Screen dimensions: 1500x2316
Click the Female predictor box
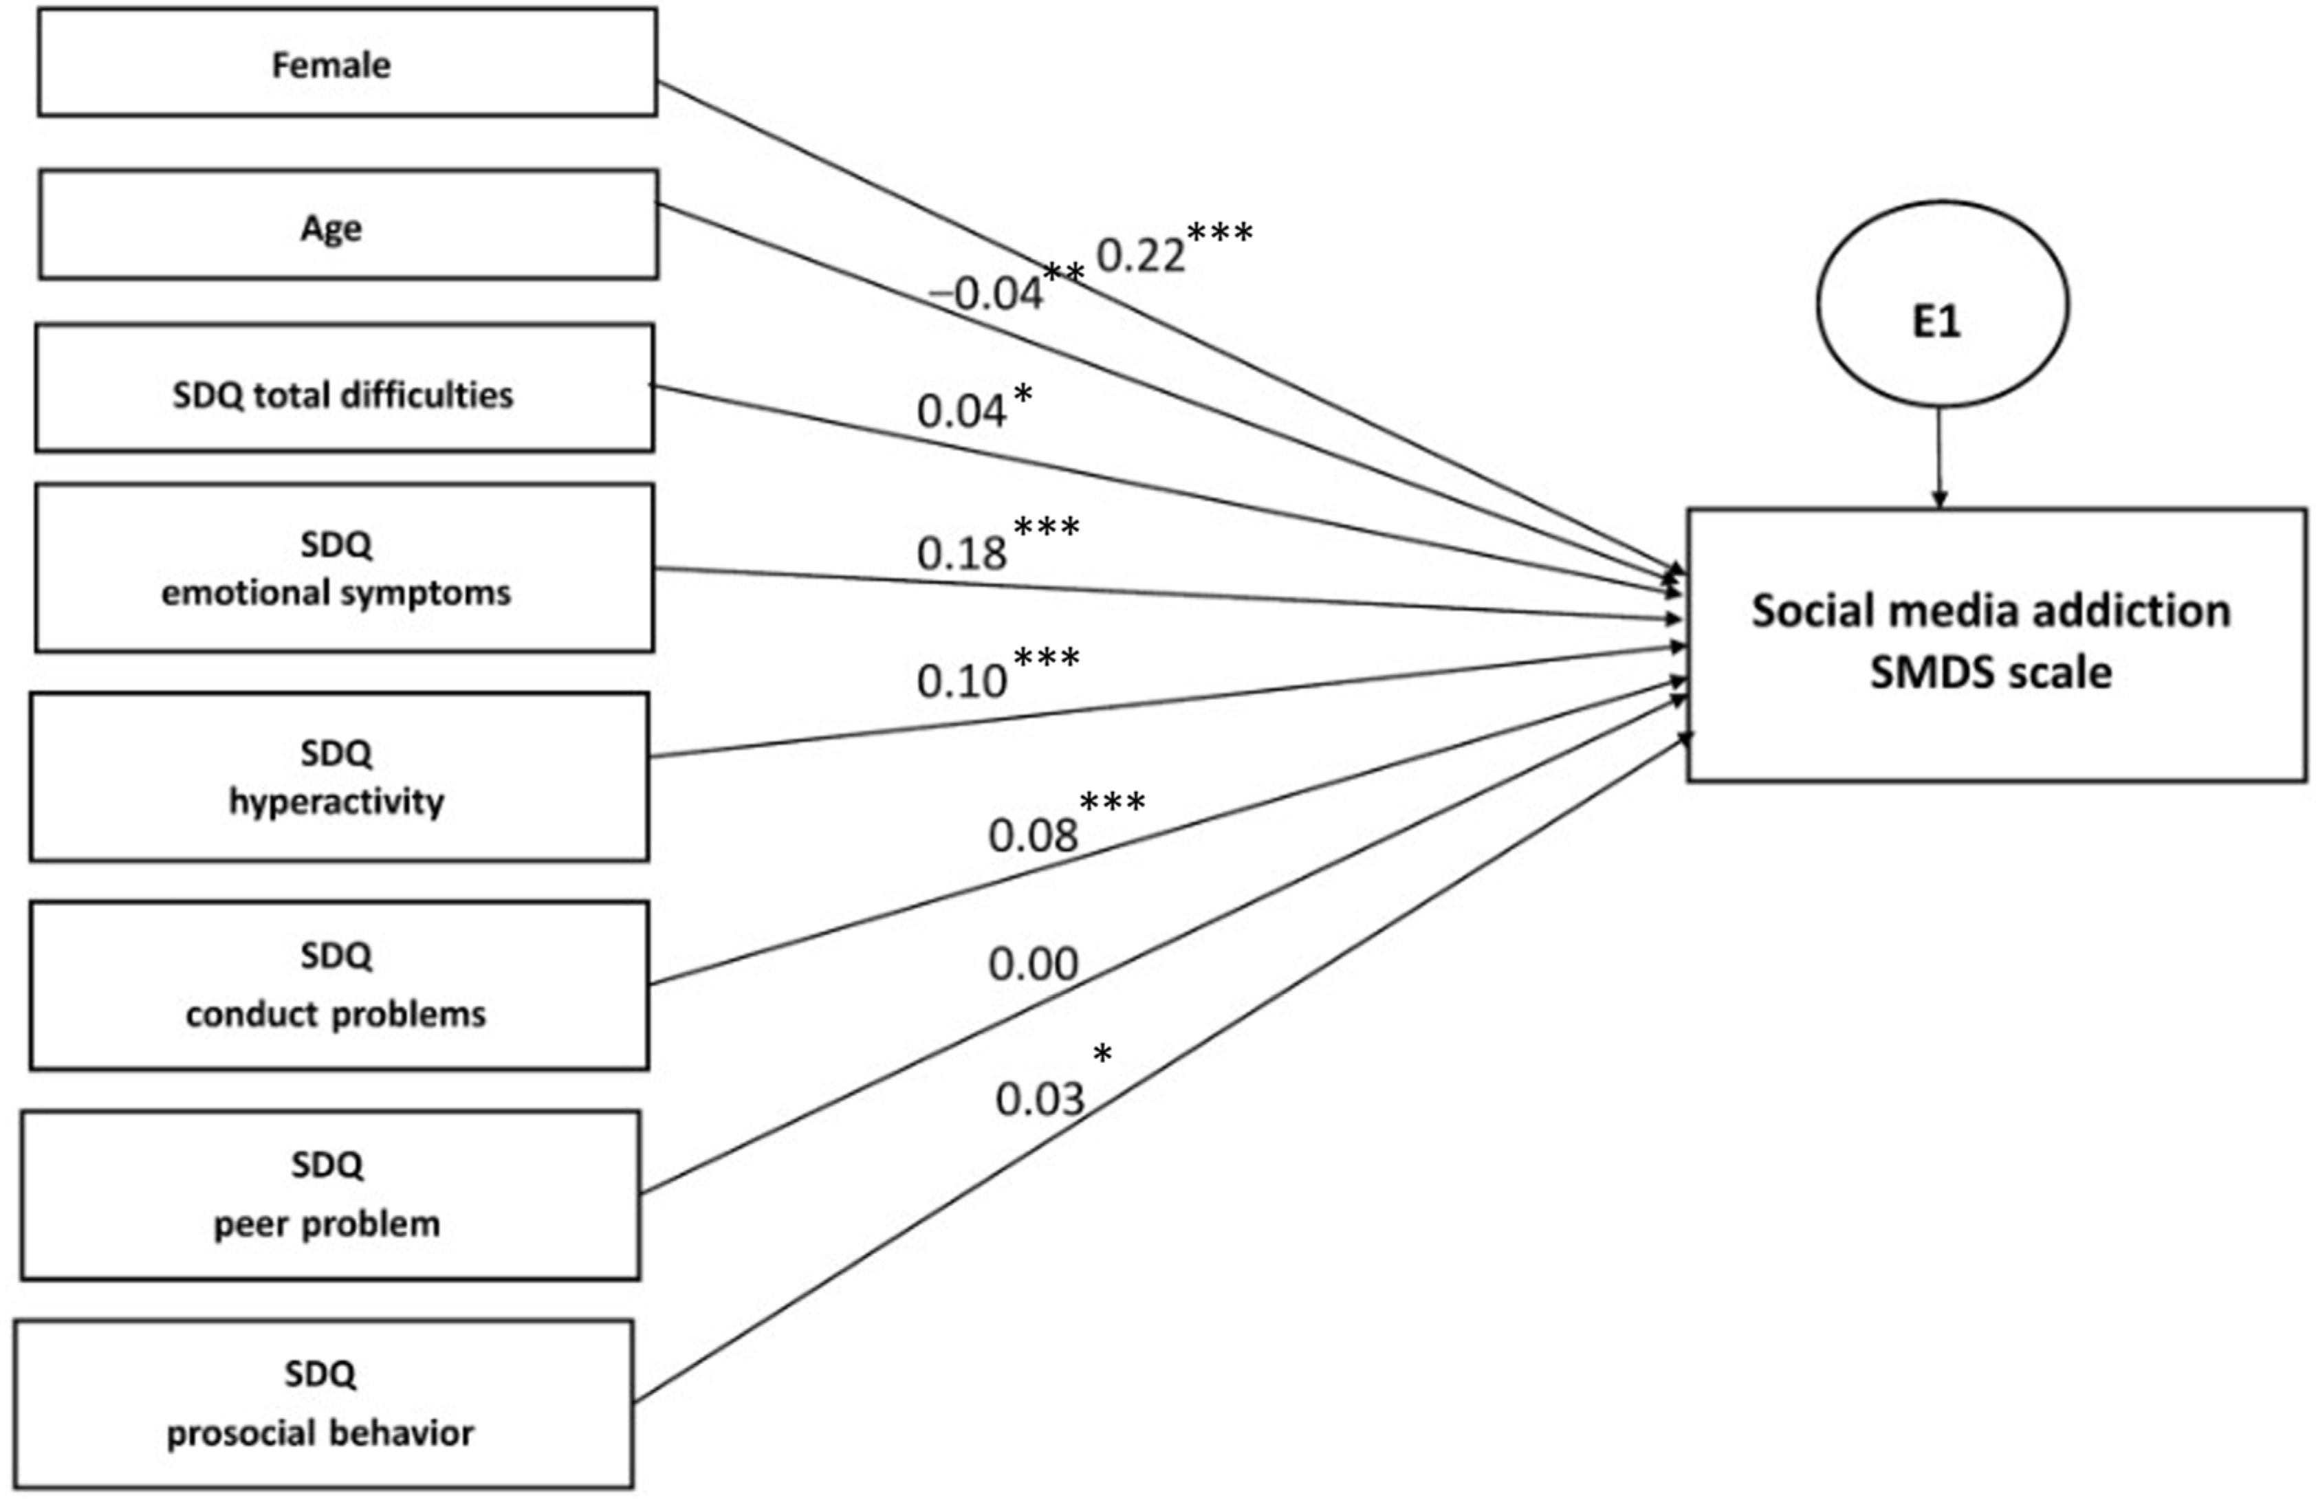[347, 63]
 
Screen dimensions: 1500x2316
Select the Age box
[349, 225]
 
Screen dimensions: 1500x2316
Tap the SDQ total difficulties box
[345, 389]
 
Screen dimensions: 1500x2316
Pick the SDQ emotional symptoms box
[345, 568]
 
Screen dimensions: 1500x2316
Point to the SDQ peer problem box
[331, 1195]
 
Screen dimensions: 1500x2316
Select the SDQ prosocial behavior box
[324, 1404]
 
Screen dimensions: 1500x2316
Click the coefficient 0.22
[1141, 256]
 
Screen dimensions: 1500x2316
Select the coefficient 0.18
[961, 553]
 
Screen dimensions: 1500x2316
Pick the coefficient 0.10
[961, 681]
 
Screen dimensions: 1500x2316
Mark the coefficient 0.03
[1039, 1099]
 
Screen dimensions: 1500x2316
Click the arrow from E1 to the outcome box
[1938, 456]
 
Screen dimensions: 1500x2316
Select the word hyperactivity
[337, 802]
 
